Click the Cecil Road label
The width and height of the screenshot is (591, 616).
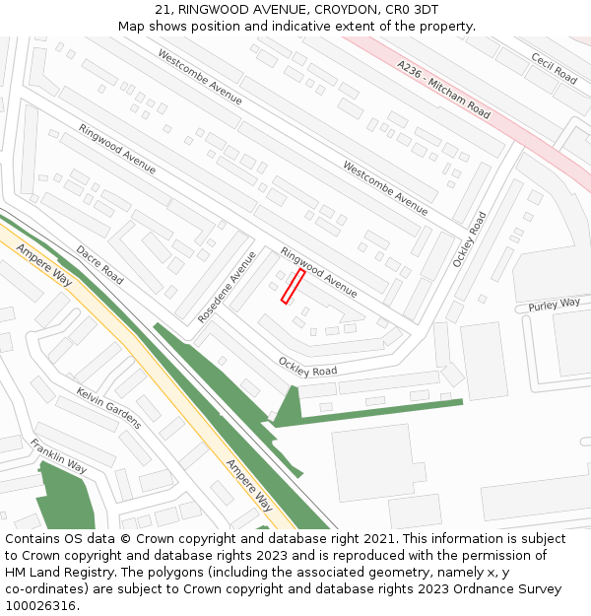(554, 67)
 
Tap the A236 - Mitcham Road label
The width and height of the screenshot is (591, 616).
(443, 90)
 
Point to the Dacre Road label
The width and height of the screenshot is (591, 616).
(99, 264)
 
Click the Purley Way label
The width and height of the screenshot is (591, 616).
(554, 305)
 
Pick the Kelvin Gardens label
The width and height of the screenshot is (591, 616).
(108, 408)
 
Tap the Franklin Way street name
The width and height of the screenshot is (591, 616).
(58, 455)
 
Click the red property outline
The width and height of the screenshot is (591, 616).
(293, 286)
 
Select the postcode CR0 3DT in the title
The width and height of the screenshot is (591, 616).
(413, 10)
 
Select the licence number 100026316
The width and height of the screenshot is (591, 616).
(39, 606)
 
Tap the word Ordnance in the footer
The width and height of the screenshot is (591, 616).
(474, 589)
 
